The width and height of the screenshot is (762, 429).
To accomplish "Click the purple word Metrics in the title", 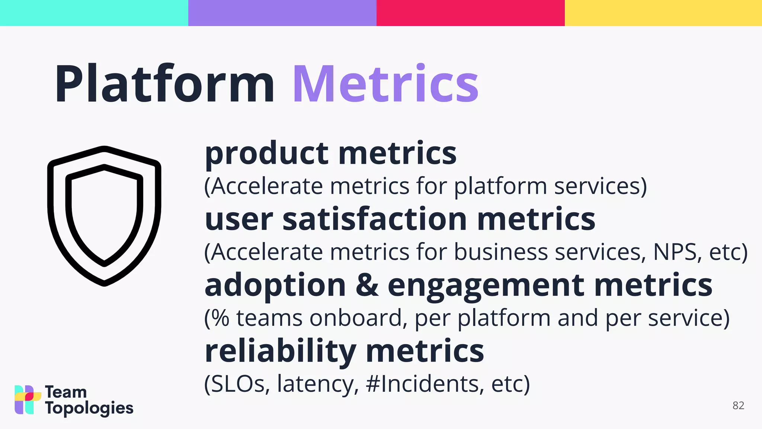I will coord(385,85).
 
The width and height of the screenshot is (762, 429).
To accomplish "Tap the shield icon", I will coord(104,216).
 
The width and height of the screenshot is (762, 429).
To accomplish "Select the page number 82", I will coord(738,406).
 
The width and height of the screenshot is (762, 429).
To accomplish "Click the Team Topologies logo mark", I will coord(27,400).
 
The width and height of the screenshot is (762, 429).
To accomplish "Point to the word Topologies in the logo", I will coord(89,409).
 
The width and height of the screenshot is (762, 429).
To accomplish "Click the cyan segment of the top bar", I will coord(94,13).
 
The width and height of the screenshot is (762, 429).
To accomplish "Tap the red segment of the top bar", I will coord(470,13).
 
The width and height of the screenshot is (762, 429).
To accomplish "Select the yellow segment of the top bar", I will coord(663,13).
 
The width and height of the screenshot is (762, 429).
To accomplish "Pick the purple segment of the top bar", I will coord(282,13).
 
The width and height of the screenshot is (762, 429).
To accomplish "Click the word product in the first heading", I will coord(266,154).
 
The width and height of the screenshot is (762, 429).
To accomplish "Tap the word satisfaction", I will coord(374,219).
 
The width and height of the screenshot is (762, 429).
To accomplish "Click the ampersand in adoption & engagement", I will coord(367,285).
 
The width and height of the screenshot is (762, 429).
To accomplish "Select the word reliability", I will coord(281,352).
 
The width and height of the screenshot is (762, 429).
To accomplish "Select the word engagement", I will coord(486,286).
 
